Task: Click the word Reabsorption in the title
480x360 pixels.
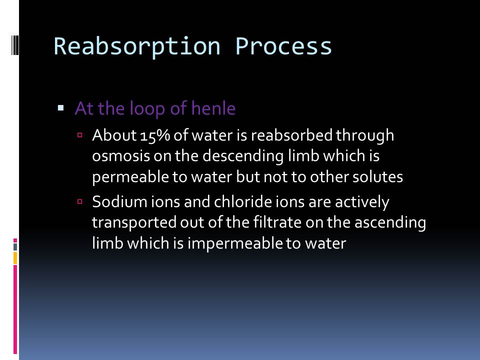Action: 137,47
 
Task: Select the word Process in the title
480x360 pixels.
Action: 283,46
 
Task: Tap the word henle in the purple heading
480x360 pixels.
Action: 213,108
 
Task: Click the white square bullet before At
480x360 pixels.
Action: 60,108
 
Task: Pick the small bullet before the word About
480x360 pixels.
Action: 80,134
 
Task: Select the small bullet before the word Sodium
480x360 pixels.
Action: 80,201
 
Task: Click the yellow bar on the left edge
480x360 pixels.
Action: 15,258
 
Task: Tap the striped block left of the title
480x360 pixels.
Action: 15,45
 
